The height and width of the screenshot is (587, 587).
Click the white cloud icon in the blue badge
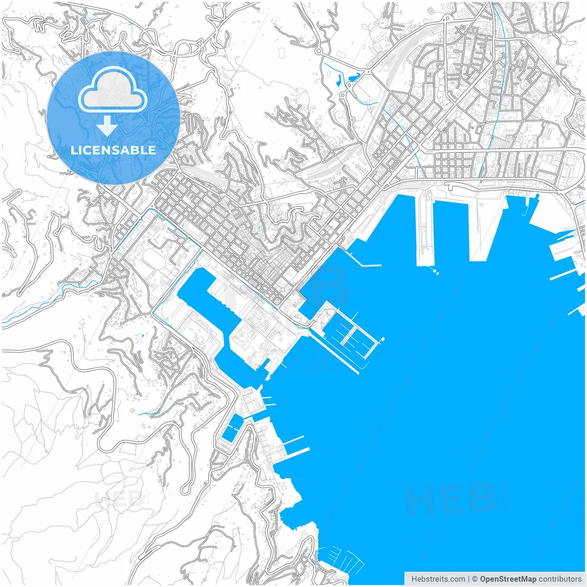tap(112, 92)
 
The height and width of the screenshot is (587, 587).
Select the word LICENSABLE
tap(113, 150)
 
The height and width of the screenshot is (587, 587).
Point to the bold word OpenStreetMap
tap(508, 579)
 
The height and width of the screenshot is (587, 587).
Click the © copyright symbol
tap(475, 579)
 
